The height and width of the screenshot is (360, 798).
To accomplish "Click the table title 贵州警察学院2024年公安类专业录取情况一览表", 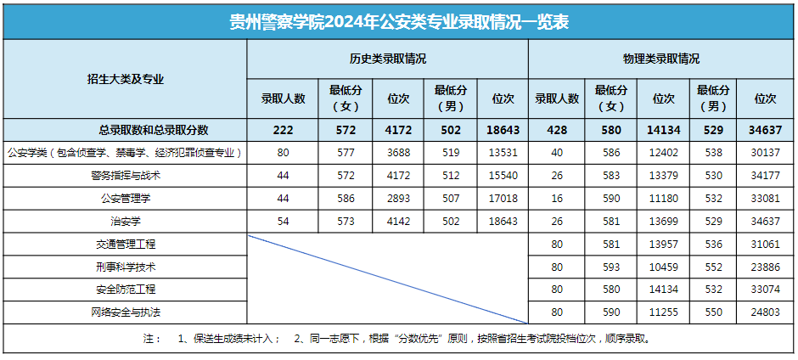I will [399, 21].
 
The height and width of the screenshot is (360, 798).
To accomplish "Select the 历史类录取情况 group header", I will [387, 59].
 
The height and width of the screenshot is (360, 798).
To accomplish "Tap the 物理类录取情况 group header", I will [661, 59].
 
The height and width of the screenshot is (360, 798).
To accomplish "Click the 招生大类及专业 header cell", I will [125, 79].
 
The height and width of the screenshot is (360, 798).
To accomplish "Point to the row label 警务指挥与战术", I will [125, 176].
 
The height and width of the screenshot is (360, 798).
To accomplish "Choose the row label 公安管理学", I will [125, 199].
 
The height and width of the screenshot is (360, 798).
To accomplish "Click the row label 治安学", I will [125, 222].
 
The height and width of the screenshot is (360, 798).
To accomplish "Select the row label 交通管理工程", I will [125, 245].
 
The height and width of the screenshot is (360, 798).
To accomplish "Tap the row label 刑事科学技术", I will [125, 267].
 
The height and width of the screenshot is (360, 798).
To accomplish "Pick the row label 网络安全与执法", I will [125, 312].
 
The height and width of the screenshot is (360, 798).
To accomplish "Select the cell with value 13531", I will [503, 153].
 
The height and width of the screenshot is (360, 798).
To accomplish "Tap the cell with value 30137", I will [767, 153].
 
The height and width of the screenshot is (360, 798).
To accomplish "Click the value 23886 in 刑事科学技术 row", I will [767, 267].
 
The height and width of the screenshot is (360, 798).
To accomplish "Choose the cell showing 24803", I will [767, 312].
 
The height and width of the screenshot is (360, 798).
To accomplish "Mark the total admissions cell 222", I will [283, 130].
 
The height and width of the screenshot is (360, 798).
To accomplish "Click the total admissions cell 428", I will [557, 130].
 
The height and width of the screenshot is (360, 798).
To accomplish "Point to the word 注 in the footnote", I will [151, 338].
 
